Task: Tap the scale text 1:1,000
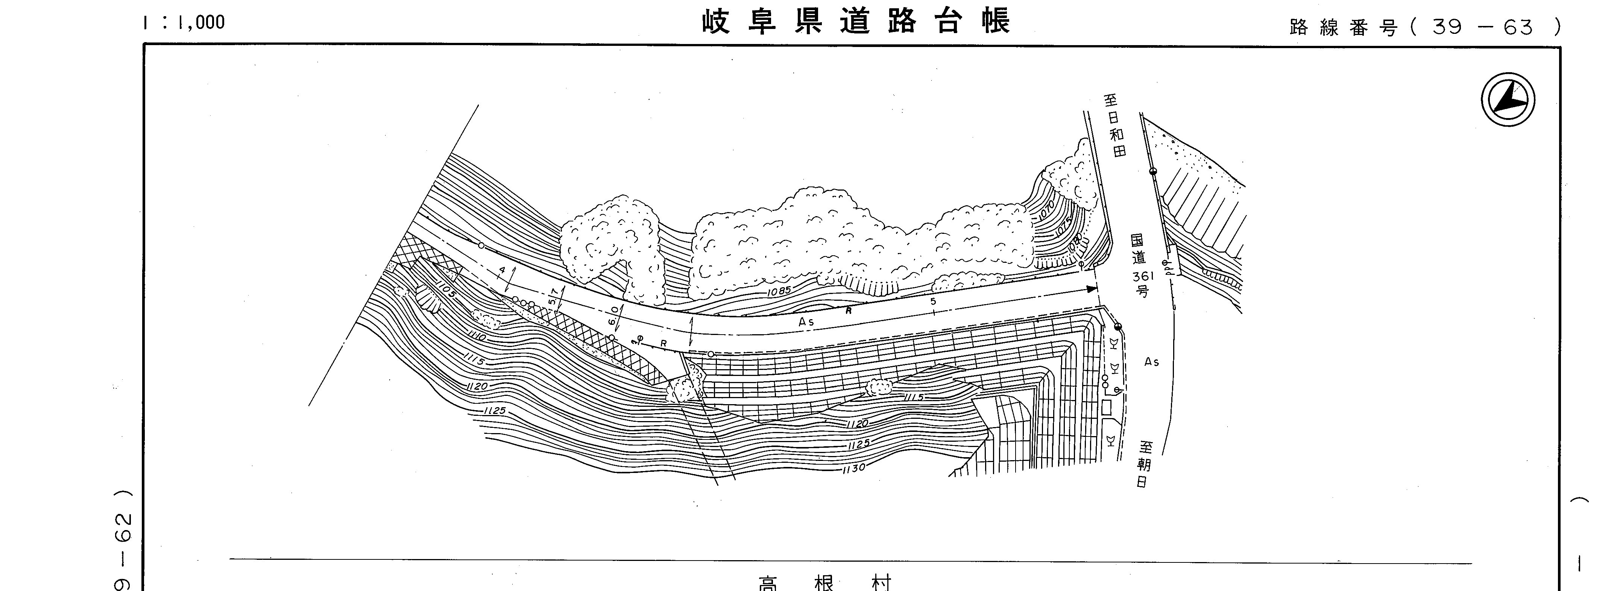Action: [x=183, y=23]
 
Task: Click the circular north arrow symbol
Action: [x=1508, y=100]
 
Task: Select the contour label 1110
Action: [x=476, y=337]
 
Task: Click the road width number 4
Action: [x=501, y=271]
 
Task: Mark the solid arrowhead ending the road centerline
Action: [x=1092, y=289]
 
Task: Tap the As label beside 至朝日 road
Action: [x=1151, y=362]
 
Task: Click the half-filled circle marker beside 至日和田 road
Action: [x=1152, y=171]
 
